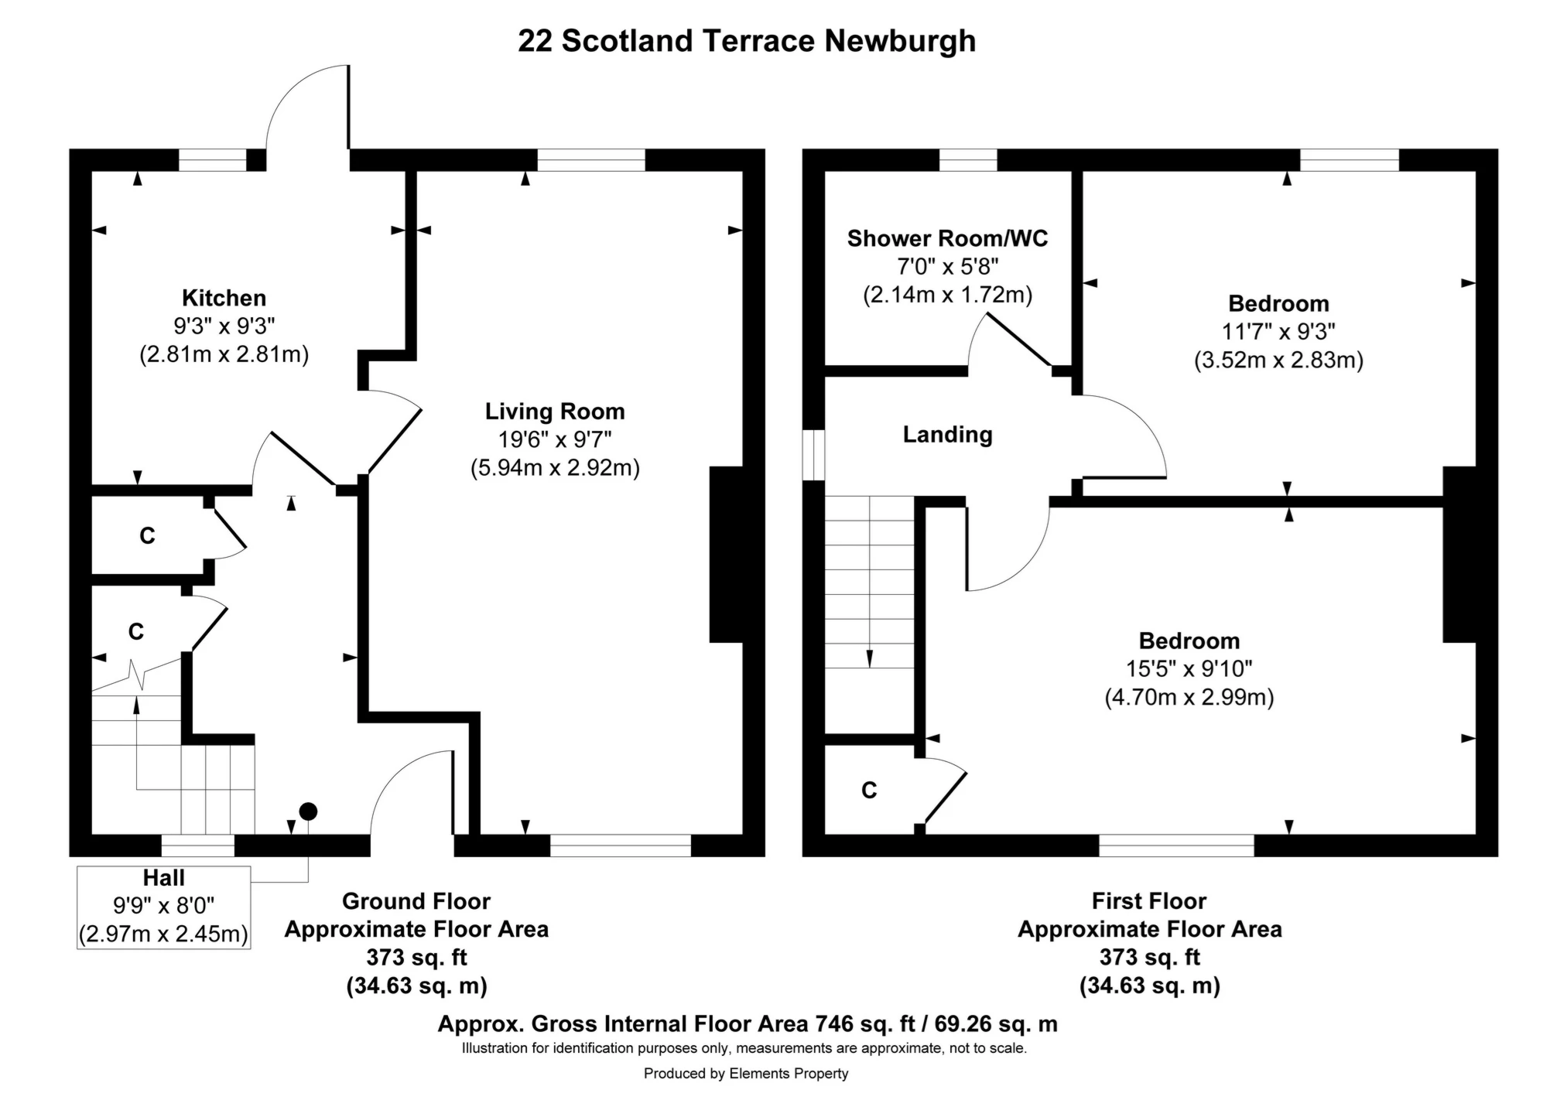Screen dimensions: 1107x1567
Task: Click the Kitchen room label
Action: pyautogui.click(x=224, y=298)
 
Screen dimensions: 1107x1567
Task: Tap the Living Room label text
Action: pyautogui.click(x=555, y=412)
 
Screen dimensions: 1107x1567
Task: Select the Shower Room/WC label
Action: pyautogui.click(x=947, y=238)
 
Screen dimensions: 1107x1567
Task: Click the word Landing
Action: pyautogui.click(x=947, y=435)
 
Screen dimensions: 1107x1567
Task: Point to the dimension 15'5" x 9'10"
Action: pyautogui.click(x=1189, y=668)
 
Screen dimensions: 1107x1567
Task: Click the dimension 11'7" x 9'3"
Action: pyautogui.click(x=1278, y=332)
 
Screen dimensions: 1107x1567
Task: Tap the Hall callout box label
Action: pyautogui.click(x=163, y=878)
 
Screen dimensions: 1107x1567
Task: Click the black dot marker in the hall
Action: pyautogui.click(x=308, y=811)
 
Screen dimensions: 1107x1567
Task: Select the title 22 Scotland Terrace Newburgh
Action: pyautogui.click(x=746, y=41)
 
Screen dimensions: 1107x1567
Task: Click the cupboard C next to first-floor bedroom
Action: pyautogui.click(x=869, y=790)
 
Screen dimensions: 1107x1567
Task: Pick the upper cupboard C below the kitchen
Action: pyautogui.click(x=147, y=535)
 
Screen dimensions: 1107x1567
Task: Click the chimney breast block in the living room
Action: pyautogui.click(x=726, y=554)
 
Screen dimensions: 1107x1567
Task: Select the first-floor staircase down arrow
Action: pyautogui.click(x=870, y=658)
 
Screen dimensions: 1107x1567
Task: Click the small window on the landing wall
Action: pyautogui.click(x=813, y=455)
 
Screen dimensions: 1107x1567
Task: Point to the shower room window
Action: pyautogui.click(x=968, y=160)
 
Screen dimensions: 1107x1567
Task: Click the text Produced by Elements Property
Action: pyautogui.click(x=746, y=1074)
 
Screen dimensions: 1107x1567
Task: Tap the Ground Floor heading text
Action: pyautogui.click(x=416, y=901)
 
